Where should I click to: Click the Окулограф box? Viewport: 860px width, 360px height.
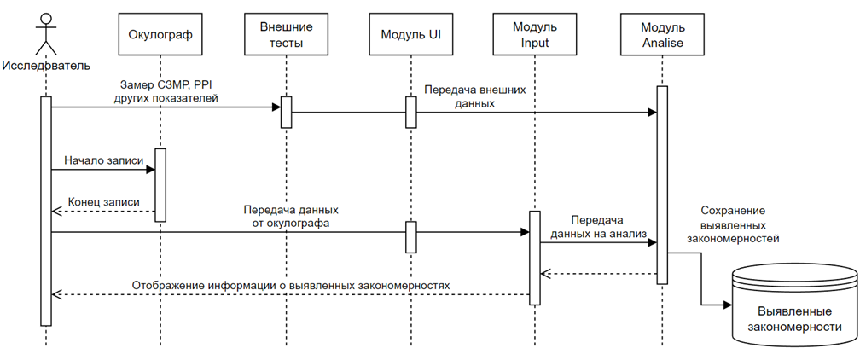(x=160, y=34)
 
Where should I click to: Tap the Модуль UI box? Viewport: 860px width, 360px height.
(x=410, y=34)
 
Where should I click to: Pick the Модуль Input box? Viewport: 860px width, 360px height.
(x=535, y=34)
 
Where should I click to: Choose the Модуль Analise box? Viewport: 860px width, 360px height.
(x=661, y=34)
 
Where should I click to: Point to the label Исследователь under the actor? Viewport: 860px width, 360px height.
(x=46, y=65)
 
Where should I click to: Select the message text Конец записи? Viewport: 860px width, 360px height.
(x=103, y=202)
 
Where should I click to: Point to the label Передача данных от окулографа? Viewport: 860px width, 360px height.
(x=292, y=217)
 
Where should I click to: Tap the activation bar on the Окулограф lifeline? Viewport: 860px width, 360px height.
(x=160, y=185)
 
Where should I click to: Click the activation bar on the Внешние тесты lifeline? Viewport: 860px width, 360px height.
(x=287, y=112)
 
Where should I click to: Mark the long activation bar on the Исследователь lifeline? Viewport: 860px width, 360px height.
(x=46, y=210)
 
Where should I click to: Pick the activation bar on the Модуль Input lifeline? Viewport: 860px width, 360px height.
(x=535, y=258)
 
